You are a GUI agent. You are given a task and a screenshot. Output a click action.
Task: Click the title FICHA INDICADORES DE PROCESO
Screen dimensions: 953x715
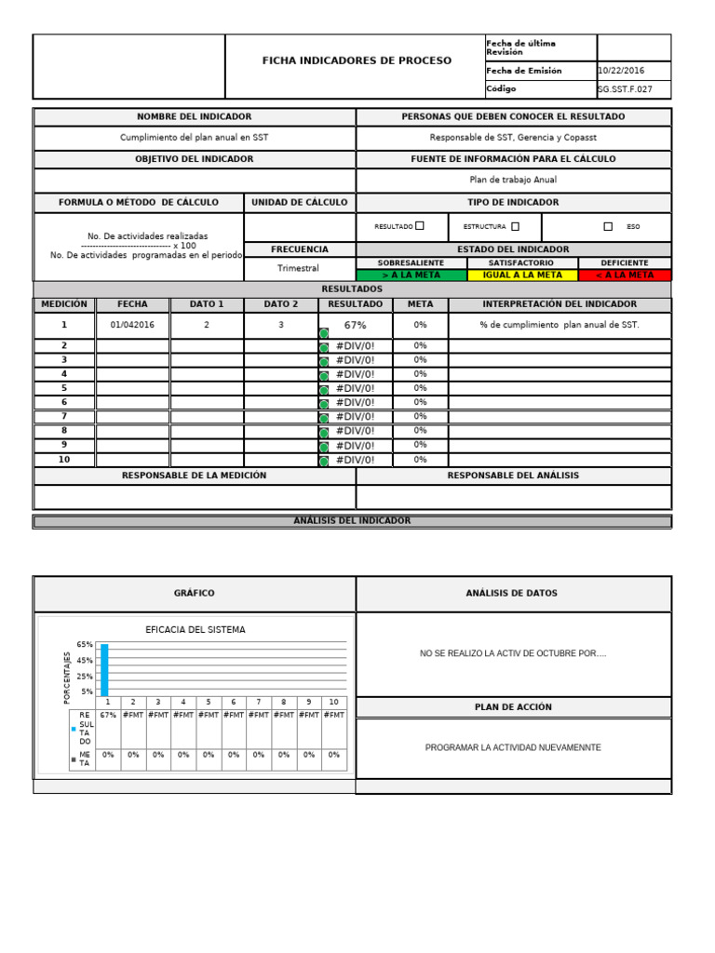(357, 60)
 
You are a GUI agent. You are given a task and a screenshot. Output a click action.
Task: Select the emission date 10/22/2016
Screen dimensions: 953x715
(621, 71)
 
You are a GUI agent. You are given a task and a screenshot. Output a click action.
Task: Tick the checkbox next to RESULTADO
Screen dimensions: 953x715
(420, 225)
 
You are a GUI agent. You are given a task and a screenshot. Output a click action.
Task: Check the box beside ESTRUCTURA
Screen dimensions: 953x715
(516, 225)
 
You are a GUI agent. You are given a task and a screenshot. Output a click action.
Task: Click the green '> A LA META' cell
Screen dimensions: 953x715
(411, 275)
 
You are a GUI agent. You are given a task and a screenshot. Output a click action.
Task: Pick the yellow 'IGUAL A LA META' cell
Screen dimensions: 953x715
(521, 275)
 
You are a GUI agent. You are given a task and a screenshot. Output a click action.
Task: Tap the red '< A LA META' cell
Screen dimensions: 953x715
(625, 275)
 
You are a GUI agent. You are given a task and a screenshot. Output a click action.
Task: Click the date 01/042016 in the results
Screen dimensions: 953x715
(133, 325)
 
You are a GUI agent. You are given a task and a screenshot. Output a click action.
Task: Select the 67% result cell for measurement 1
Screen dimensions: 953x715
(355, 325)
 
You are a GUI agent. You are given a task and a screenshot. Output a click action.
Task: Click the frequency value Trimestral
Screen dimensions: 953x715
(298, 268)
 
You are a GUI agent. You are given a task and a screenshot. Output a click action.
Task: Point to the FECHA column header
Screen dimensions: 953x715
(132, 304)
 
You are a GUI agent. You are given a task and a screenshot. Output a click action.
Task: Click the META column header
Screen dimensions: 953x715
(420, 304)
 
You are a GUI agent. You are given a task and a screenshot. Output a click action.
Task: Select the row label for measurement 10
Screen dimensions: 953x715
(64, 460)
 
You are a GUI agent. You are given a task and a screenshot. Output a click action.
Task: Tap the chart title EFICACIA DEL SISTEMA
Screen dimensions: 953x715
(196, 630)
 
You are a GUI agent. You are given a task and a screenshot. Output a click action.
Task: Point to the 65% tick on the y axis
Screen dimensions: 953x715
(85, 644)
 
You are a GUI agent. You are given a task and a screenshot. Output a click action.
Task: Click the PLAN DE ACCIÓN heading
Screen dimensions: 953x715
(513, 707)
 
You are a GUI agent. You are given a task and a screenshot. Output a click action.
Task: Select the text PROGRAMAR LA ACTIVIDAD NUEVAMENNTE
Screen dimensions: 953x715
(513, 747)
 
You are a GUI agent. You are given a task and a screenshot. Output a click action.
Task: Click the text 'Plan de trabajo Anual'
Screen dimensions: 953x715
(513, 181)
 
